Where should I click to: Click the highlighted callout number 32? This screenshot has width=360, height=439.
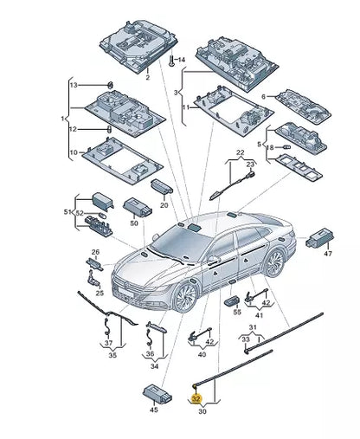(196, 398)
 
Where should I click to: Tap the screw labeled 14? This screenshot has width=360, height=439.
(171, 60)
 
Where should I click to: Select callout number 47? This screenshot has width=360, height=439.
(328, 254)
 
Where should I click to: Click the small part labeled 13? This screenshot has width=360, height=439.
(110, 85)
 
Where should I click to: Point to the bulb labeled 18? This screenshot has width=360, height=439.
(286, 147)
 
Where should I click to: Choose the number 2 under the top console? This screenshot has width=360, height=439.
(148, 77)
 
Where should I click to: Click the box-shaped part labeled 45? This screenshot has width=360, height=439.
(157, 394)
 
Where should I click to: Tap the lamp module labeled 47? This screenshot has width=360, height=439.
(320, 238)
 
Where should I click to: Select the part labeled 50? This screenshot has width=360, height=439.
(138, 207)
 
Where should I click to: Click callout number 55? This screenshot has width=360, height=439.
(237, 312)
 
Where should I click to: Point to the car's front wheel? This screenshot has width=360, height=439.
(185, 298)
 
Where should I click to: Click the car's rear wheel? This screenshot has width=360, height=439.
(273, 263)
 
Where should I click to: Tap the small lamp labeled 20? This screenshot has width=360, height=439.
(162, 186)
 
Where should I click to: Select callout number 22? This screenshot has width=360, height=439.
(241, 152)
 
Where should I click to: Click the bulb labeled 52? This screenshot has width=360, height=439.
(102, 216)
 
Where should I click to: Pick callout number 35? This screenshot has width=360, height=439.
(112, 355)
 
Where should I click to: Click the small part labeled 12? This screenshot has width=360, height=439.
(110, 129)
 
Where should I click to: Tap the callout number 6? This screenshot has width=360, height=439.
(263, 97)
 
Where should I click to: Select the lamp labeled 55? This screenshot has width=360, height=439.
(232, 300)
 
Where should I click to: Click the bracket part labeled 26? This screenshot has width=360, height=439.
(94, 264)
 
